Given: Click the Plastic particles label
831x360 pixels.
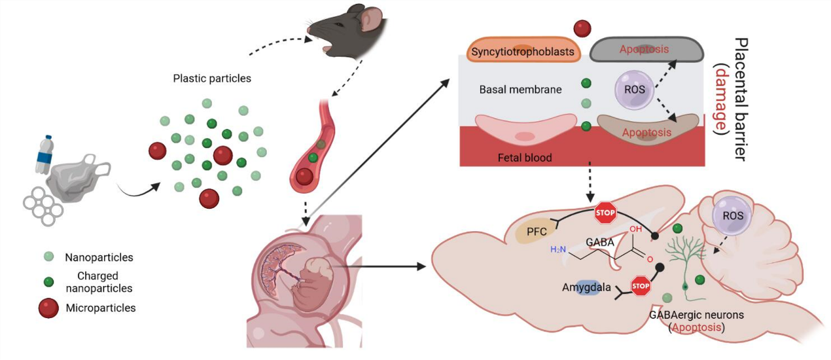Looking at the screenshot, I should pos(211,79).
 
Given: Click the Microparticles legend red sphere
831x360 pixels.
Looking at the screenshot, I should pos(48,308).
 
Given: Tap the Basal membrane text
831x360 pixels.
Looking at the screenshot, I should pos(520,89).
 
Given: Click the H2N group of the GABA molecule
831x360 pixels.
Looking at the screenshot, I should pos(559,249).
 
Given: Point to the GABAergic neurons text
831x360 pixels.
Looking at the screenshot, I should pos(696,315).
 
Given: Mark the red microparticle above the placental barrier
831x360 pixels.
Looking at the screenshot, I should pos(582,28).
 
